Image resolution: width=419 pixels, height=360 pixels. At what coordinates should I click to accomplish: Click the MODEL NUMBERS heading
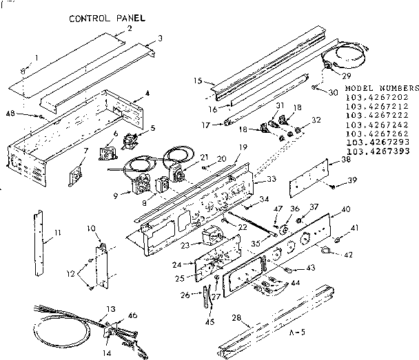(x=381, y=89)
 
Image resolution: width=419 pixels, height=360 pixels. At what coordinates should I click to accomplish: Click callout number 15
(x=198, y=81)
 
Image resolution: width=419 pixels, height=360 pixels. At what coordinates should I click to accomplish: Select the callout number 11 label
(x=57, y=234)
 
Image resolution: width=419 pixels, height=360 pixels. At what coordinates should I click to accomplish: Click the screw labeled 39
(x=332, y=186)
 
